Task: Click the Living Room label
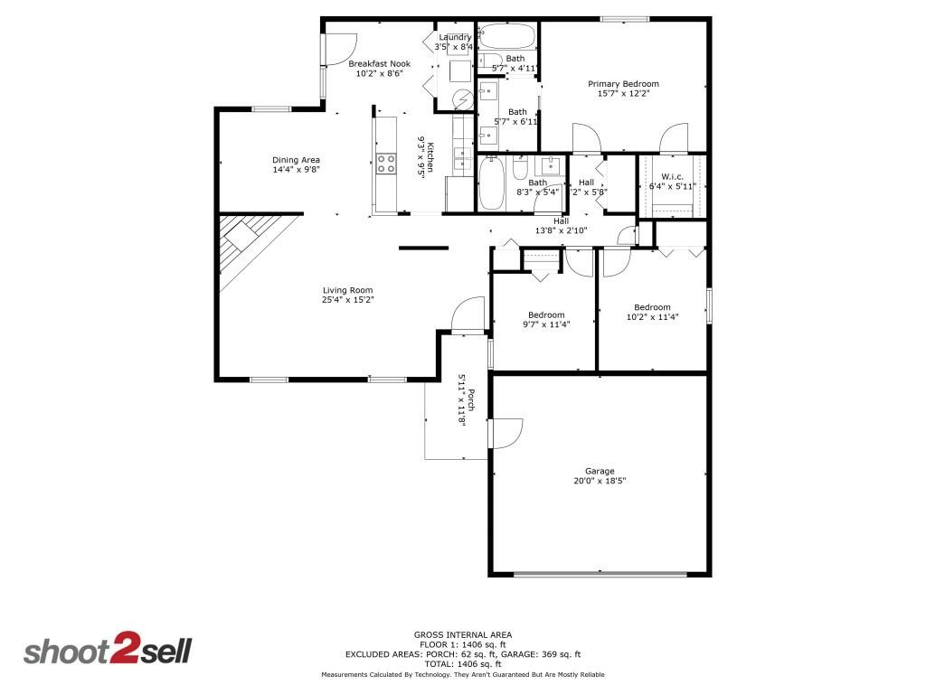[x=348, y=290]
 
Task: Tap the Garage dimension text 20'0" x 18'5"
[x=600, y=482]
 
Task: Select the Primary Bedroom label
[x=623, y=84]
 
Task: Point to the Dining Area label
[x=297, y=160]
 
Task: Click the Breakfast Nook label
[x=379, y=63]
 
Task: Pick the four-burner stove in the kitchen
[x=386, y=164]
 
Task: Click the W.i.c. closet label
[x=671, y=176]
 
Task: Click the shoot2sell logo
[x=107, y=651]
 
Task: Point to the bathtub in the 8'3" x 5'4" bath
[x=491, y=183]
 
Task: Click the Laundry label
[x=454, y=37]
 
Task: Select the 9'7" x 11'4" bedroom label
[x=546, y=315]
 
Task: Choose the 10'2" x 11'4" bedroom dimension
[x=652, y=317]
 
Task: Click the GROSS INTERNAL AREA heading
[x=462, y=634]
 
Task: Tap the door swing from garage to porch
[x=506, y=433]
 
